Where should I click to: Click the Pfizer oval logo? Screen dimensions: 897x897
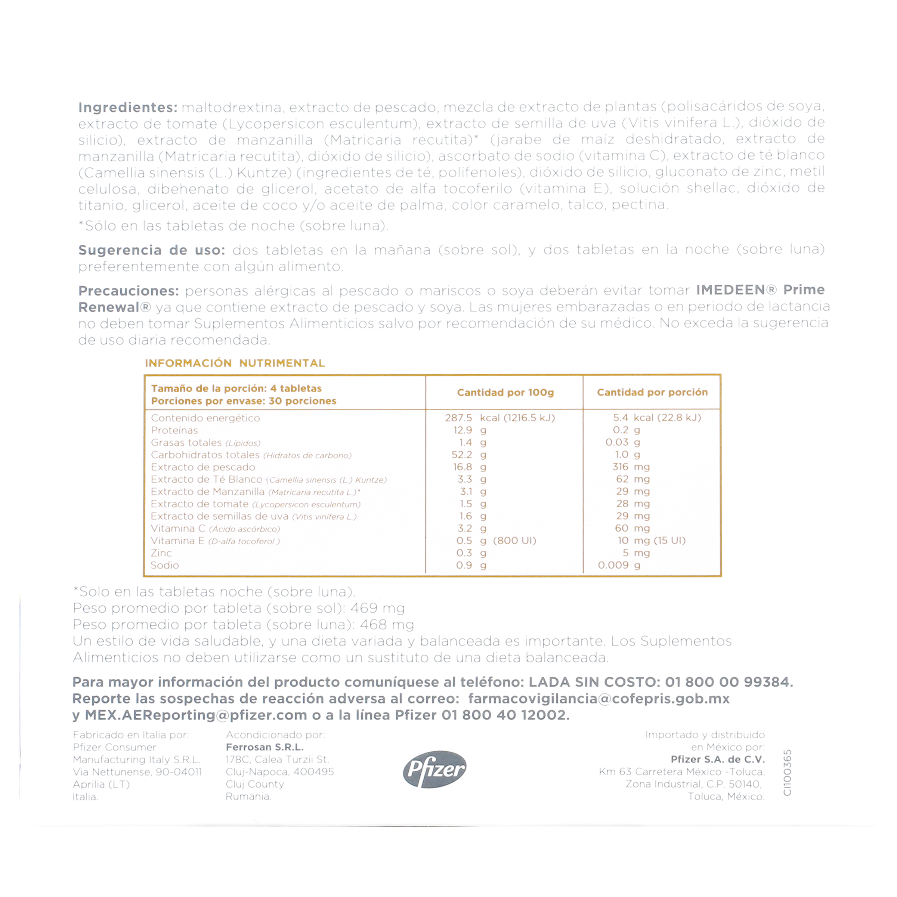click(x=434, y=769)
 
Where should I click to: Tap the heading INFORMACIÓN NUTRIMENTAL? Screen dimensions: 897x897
click(x=235, y=363)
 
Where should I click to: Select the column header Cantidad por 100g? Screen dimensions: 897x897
click(x=505, y=392)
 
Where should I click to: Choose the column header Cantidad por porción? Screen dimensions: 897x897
click(x=652, y=392)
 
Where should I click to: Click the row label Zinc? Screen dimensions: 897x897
click(x=161, y=553)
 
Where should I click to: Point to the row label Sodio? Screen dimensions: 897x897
click(x=165, y=565)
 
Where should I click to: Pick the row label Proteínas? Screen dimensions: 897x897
click(x=174, y=430)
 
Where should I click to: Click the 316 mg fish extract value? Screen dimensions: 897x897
click(x=631, y=467)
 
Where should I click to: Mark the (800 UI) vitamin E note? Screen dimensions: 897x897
click(x=514, y=541)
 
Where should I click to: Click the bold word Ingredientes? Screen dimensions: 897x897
click(x=128, y=108)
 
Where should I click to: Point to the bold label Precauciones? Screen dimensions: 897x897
click(x=129, y=291)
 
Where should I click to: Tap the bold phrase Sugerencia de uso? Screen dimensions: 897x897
click(x=151, y=250)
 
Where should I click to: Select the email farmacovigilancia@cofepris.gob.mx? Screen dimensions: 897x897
click(x=598, y=699)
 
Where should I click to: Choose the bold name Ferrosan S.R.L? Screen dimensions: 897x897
click(x=264, y=747)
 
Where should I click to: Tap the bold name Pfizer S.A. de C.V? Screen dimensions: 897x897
click(x=717, y=759)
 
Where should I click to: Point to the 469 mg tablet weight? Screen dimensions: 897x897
click(x=377, y=608)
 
